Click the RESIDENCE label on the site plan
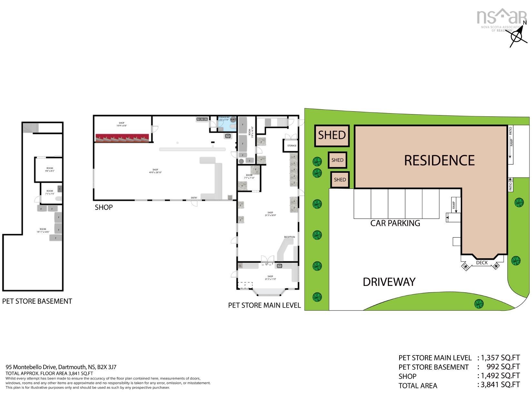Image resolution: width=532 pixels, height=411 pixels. coord(439,161)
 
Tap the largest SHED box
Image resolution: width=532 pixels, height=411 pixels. coord(332,135)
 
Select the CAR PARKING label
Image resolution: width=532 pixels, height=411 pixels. coord(395,223)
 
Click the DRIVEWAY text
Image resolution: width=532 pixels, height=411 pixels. coord(389,282)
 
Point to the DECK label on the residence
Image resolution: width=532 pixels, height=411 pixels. coord(482,263)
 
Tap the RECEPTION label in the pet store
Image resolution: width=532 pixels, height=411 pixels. coord(289,237)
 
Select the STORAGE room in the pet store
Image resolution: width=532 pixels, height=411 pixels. coord(291,146)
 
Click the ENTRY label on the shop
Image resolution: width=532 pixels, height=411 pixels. coord(194,198)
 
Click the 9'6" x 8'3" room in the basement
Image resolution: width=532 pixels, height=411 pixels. coord(49,170)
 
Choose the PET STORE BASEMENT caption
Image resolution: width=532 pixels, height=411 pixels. coord(37,301)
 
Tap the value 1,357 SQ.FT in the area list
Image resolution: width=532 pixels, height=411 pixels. coord(500,357)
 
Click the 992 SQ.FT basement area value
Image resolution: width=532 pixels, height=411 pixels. coord(503,367)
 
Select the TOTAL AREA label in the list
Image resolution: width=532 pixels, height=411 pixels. coord(418,386)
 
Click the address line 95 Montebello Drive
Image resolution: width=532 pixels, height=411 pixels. coord(61,367)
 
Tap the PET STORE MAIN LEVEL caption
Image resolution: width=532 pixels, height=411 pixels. coord(264,305)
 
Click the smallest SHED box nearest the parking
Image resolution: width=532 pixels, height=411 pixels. coord(340,180)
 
